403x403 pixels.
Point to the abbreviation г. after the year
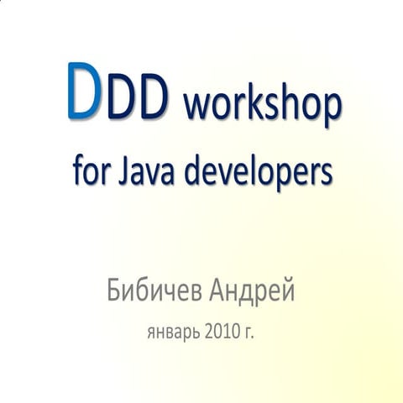(x=249, y=333)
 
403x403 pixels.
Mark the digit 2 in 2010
(x=208, y=332)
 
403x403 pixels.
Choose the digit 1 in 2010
(x=224, y=332)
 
